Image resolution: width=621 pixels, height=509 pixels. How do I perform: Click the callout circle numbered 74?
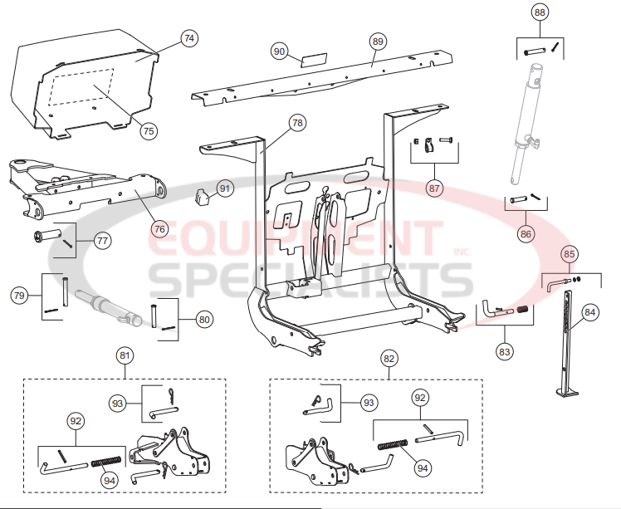[x=189, y=38]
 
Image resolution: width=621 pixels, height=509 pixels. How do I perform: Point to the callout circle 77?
[x=102, y=242]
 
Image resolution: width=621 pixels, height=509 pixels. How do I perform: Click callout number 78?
[x=297, y=123]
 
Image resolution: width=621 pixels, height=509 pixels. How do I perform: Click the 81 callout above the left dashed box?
[x=125, y=357]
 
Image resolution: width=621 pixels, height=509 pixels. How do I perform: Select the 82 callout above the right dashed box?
[x=388, y=358]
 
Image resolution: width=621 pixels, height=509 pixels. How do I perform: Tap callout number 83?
[x=503, y=351]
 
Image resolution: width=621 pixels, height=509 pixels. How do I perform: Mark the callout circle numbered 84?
[x=589, y=312]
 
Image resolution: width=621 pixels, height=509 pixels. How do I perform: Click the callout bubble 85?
[x=569, y=253]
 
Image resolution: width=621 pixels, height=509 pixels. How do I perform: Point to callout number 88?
[x=540, y=12]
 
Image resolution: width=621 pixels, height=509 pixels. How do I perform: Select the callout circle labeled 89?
[x=378, y=41]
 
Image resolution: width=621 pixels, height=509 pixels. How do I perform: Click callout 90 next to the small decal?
[x=280, y=51]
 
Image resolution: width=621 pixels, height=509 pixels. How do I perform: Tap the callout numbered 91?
[x=226, y=188]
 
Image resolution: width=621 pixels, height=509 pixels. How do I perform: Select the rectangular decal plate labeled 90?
[x=314, y=61]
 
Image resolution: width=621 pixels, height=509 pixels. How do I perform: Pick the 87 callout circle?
[x=434, y=188]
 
